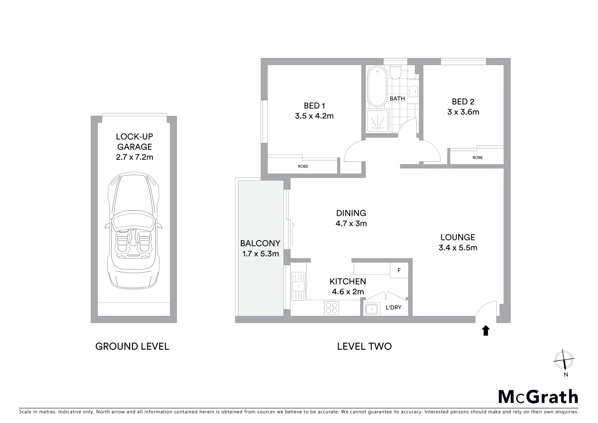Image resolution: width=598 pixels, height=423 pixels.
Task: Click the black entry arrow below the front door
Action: tap(486, 331)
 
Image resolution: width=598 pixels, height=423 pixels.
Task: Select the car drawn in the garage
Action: tap(133, 231)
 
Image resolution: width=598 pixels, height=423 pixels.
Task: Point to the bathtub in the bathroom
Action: tap(377, 87)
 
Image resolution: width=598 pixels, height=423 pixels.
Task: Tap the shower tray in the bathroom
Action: tap(378, 119)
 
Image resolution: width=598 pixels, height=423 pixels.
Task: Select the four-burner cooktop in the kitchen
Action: tap(331, 308)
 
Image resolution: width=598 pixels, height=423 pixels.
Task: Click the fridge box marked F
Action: tap(399, 270)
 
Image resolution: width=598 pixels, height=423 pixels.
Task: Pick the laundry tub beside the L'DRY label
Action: tap(371, 309)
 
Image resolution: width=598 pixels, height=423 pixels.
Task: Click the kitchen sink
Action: tap(298, 286)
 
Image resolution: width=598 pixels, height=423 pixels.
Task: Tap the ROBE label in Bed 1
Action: tap(303, 166)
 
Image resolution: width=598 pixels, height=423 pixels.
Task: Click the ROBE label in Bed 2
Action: tap(477, 158)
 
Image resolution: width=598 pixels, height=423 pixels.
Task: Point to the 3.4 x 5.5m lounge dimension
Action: tap(458, 248)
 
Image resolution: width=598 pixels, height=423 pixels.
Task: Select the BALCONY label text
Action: tap(260, 243)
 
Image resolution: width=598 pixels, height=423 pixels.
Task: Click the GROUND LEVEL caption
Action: tap(132, 346)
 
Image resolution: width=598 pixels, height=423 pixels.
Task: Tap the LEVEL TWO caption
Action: tap(364, 346)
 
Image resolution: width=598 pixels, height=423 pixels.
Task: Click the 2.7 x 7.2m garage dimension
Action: tap(134, 157)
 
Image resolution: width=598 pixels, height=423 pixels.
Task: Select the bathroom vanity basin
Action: tap(413, 91)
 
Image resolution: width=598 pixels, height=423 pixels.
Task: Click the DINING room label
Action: tap(351, 213)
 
